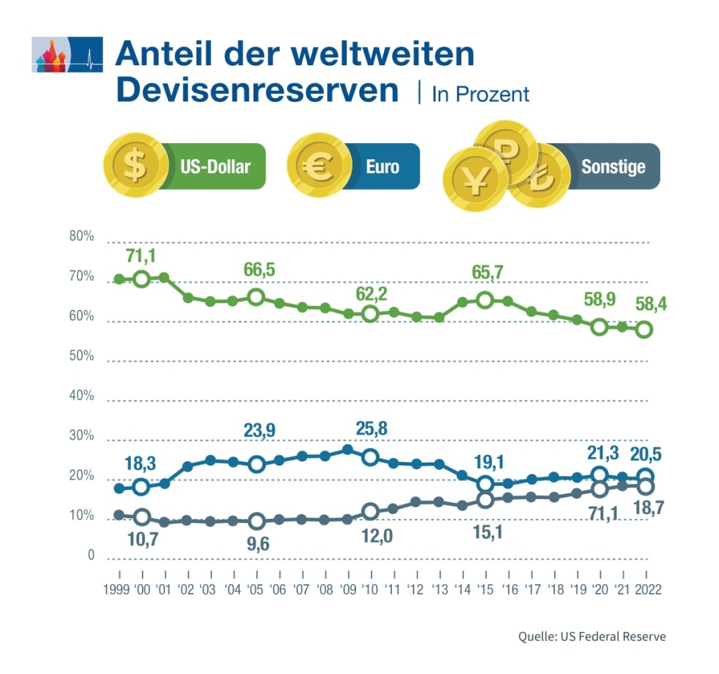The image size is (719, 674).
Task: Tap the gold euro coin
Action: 320,166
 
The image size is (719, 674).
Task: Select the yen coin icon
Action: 475,180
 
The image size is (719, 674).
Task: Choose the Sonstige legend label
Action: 613,166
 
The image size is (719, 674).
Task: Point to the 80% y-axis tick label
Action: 81,236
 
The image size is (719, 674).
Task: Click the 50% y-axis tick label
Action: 81,355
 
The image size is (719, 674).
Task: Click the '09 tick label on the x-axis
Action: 347,589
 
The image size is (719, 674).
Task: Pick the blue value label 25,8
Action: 371,428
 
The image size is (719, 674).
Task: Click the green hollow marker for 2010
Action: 370,314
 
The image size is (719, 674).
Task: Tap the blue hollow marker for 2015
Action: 484,484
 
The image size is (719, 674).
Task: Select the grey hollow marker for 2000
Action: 142,517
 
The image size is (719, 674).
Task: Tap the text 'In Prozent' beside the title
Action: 480,94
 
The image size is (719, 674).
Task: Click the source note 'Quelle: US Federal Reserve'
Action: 591,637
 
